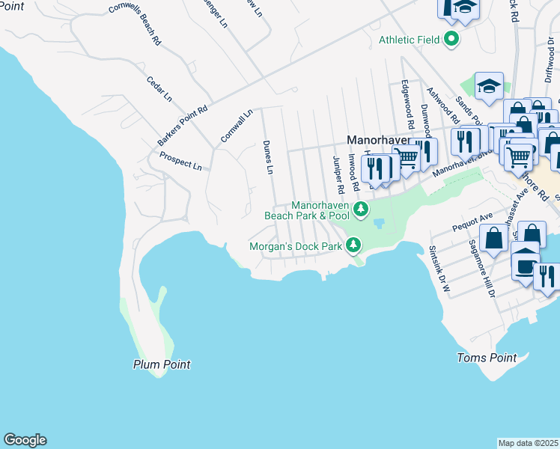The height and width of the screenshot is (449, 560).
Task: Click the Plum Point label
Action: coord(162,364)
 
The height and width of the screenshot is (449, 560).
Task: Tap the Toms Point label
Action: coord(487,358)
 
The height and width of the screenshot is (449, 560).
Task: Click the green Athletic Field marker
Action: coord(451,40)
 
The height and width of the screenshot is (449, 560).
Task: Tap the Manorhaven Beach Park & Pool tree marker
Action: coord(361,209)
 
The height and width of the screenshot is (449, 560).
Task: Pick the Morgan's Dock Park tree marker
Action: coord(352,245)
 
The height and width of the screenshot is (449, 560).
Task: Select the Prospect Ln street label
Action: coord(180,161)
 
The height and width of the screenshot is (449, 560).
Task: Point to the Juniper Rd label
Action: coord(338,173)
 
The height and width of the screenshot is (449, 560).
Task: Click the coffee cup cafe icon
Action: coord(526,264)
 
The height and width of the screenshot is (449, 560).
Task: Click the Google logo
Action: coord(25,440)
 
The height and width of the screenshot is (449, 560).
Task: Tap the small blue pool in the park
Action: coord(378,223)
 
